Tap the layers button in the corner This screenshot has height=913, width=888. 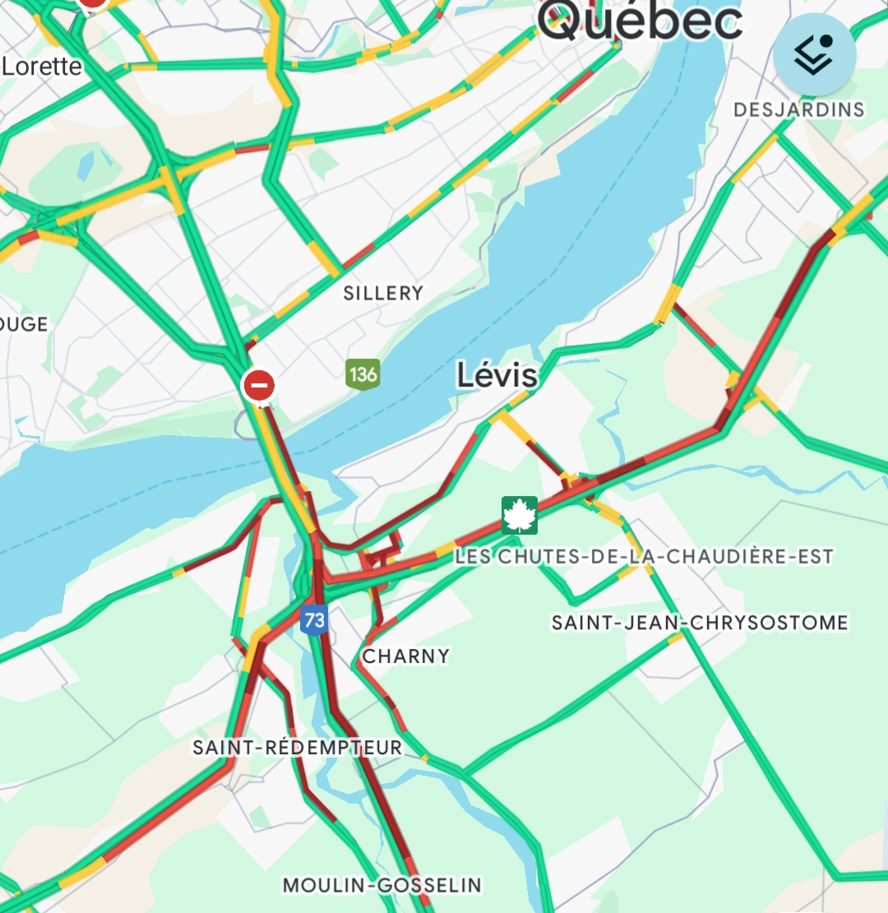(x=814, y=55)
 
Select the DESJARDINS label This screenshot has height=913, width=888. (x=798, y=109)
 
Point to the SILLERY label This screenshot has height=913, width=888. (x=383, y=293)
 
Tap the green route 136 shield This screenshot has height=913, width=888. (x=363, y=374)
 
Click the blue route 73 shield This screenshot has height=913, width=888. (x=314, y=619)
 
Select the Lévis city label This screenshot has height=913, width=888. (x=497, y=376)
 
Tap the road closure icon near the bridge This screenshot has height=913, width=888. (x=258, y=385)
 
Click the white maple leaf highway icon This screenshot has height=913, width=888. (x=520, y=515)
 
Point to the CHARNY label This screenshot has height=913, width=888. (x=406, y=656)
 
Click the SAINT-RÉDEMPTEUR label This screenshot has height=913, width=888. (x=298, y=747)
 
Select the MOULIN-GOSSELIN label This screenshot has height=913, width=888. (x=382, y=885)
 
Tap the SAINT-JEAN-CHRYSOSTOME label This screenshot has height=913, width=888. (x=699, y=623)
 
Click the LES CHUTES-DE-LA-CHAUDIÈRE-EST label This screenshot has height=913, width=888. (x=644, y=557)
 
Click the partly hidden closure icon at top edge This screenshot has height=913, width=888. (x=93, y=4)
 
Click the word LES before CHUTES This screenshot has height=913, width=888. (x=471, y=557)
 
